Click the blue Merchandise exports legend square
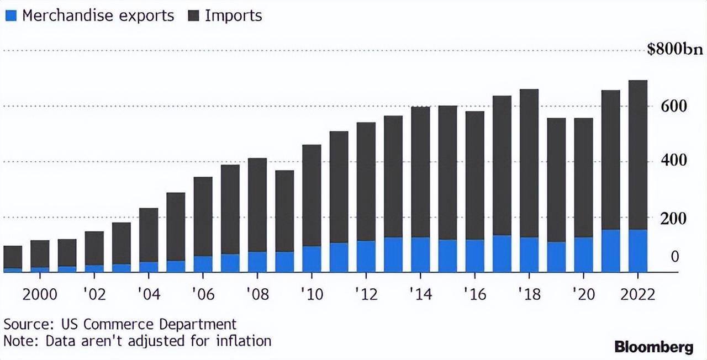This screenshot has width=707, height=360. pos(10,15)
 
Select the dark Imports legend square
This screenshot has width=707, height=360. pos(193,15)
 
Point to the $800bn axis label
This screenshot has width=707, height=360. pos(674,51)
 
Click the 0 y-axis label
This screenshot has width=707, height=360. pos(675,257)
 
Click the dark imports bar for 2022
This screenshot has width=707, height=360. pos(638,155)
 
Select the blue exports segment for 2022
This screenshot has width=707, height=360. pos(638,251)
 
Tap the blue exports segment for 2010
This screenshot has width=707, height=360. pos(312,259)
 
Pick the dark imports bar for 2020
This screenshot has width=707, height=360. pos(583,177)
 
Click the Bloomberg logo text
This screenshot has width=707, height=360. pos(654,347)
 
